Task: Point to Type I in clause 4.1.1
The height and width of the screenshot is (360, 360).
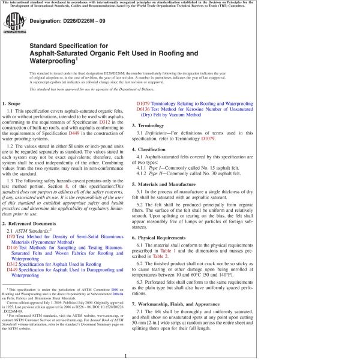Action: click(163, 170)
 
